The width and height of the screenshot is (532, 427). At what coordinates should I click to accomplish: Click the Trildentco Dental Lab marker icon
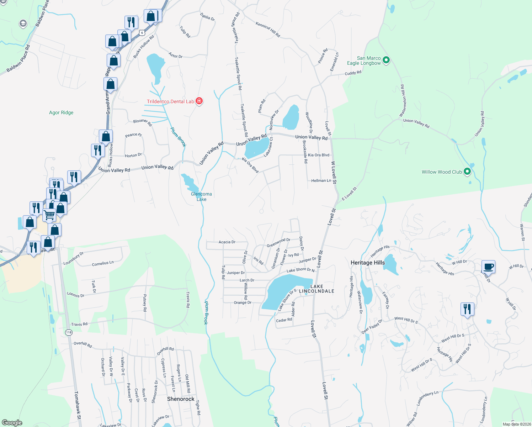tap(199, 101)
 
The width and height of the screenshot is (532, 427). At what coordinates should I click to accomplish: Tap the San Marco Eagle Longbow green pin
tap(386, 60)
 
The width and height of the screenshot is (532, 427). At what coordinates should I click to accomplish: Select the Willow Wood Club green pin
tap(468, 172)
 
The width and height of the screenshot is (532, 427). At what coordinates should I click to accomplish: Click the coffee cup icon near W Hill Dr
tap(489, 267)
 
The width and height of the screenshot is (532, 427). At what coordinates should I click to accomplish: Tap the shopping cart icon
tap(49, 215)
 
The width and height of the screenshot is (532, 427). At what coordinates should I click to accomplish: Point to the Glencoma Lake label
tap(201, 196)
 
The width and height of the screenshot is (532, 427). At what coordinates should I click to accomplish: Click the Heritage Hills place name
tap(368, 263)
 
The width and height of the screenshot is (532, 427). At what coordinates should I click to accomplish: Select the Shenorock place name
tap(181, 399)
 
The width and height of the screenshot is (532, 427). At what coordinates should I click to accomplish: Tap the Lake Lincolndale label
tap(317, 289)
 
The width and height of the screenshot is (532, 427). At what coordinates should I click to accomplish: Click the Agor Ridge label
tap(61, 112)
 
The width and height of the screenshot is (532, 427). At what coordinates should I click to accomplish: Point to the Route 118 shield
tap(69, 332)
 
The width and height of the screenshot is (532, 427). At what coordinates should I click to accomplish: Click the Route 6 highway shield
tap(142, 33)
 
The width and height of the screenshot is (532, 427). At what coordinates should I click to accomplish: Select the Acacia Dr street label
tap(227, 242)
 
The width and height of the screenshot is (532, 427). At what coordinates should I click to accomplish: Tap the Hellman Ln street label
tap(321, 181)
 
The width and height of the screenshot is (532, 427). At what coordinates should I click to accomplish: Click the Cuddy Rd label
tap(353, 73)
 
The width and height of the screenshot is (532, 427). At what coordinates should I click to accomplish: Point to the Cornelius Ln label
tap(103, 263)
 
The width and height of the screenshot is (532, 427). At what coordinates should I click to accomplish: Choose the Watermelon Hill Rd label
tap(403, 100)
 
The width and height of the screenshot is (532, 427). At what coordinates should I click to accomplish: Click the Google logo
tap(12, 423)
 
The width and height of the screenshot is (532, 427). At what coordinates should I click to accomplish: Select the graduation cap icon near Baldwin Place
tap(23, 23)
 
